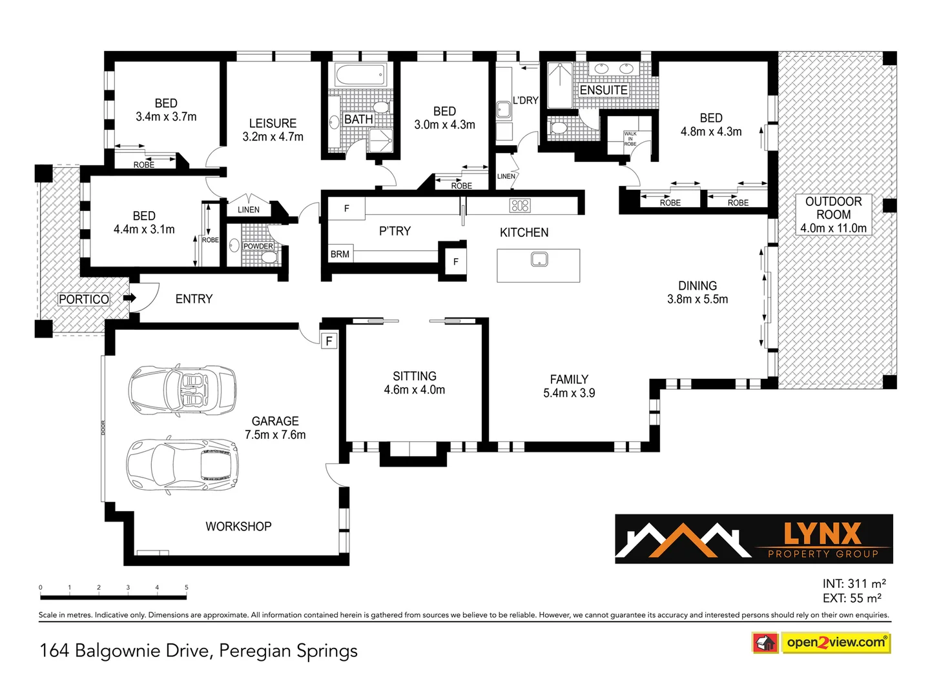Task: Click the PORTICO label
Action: point(84,299)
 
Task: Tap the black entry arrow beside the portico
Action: point(130,298)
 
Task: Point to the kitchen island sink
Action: point(539,259)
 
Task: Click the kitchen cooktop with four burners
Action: point(520,206)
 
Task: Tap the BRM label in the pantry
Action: point(340,254)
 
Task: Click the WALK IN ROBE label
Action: point(630,139)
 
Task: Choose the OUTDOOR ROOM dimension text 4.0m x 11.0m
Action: point(833,228)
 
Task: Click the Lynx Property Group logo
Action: point(754,539)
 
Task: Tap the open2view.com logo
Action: point(836,642)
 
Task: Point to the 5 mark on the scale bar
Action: point(187,588)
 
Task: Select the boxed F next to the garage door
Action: point(329,341)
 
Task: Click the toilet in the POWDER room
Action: point(269,258)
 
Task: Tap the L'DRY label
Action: point(525,101)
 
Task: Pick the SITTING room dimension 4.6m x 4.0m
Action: point(415,390)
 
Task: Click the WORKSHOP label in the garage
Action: point(238,527)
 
